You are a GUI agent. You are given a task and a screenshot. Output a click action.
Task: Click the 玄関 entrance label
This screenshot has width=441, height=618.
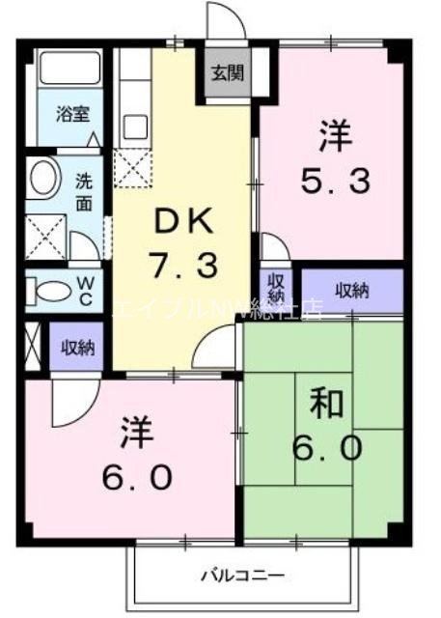pyautogui.click(x=227, y=72)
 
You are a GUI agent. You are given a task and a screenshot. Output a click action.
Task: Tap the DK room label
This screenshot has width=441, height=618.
pyautogui.click(x=181, y=223)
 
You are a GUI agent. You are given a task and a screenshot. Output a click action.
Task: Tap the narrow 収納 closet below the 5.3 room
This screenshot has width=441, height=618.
pyautogui.click(x=276, y=287)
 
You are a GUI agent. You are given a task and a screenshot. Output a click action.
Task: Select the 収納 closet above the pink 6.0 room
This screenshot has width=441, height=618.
pyautogui.click(x=77, y=346)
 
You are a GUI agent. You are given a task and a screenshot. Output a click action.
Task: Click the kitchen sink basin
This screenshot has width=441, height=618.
pyautogui.click(x=134, y=126)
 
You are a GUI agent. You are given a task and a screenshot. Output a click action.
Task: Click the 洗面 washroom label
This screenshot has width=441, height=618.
pyautogui.click(x=84, y=189)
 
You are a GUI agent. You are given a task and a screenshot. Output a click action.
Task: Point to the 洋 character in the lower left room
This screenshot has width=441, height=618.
pyautogui.click(x=134, y=432)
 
